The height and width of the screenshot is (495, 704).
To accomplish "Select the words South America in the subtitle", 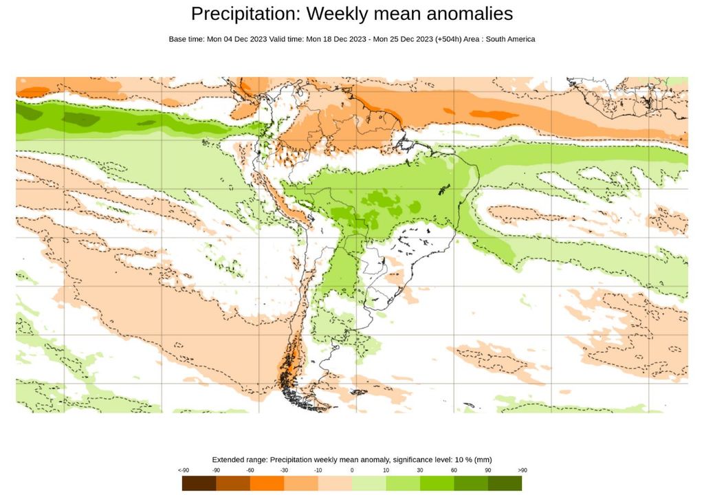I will [511, 39].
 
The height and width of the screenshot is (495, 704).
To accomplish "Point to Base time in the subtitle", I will [186, 39].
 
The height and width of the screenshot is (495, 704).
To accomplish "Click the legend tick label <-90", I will [184, 470].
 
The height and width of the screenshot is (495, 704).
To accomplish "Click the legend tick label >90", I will [522, 470].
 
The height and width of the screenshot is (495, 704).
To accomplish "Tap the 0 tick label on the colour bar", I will [352, 470].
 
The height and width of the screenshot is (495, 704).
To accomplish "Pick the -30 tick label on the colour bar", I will [284, 470].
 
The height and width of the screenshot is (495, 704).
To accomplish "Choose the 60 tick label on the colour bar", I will [454, 470].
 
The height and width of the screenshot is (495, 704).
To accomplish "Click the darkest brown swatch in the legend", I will [199, 483].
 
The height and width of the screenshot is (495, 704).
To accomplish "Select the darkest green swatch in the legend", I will [505, 483].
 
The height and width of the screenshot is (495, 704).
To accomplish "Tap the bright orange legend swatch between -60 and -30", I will [267, 483].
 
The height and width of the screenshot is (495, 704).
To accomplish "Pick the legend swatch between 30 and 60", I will [437, 483].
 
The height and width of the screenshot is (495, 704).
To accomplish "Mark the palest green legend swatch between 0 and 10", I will [368, 483].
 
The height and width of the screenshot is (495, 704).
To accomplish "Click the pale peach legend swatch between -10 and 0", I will [335, 483].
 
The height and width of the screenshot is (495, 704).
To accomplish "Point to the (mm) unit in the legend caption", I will [484, 459].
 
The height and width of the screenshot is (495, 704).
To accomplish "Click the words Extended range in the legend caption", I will [239, 459].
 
